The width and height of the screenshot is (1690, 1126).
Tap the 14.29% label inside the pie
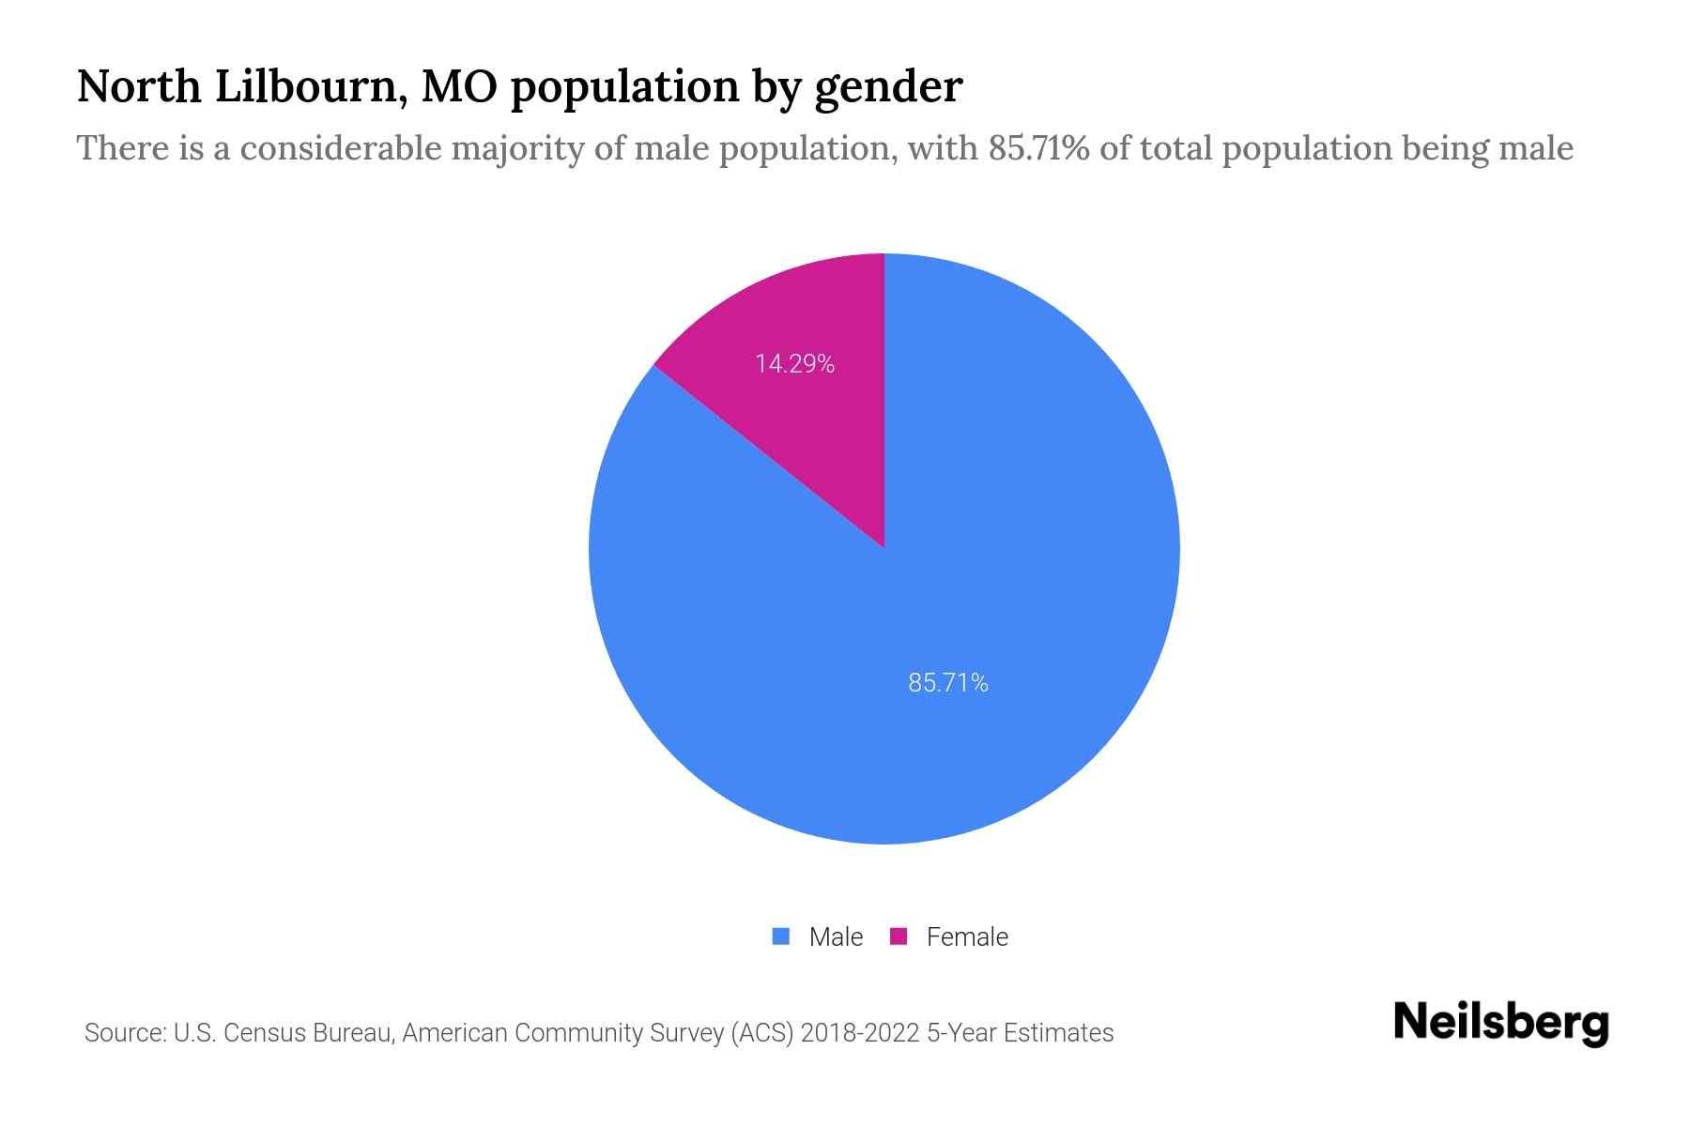(794, 364)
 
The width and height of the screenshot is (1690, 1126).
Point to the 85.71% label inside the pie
(948, 683)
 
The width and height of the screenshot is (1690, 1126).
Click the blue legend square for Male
(780, 936)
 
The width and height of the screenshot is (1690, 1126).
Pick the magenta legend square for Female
(899, 936)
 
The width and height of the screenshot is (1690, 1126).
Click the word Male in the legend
(836, 936)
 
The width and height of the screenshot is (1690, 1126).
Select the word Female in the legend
(967, 936)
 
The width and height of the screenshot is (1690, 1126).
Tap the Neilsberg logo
(1500, 1023)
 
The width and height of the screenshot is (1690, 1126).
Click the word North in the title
(139, 87)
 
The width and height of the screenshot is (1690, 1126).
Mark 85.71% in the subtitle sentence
(1038, 148)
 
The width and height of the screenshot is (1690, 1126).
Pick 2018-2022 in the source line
(859, 1033)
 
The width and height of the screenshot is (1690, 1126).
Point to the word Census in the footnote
(264, 1033)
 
